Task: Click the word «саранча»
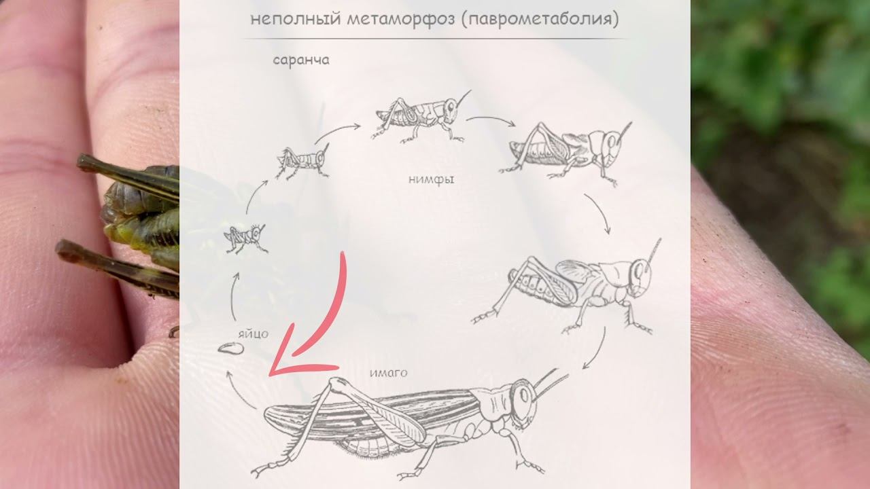[301, 60]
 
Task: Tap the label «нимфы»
[431, 180]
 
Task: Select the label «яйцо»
[254, 334]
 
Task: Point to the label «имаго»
[388, 373]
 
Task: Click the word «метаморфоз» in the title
[400, 19]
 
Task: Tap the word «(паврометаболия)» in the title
[540, 19]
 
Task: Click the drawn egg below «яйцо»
[230, 348]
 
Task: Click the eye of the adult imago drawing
[524, 396]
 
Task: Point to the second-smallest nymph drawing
[302, 161]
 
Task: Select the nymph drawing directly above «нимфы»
[421, 116]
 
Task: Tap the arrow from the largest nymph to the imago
[597, 349]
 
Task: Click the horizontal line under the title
[435, 39]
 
